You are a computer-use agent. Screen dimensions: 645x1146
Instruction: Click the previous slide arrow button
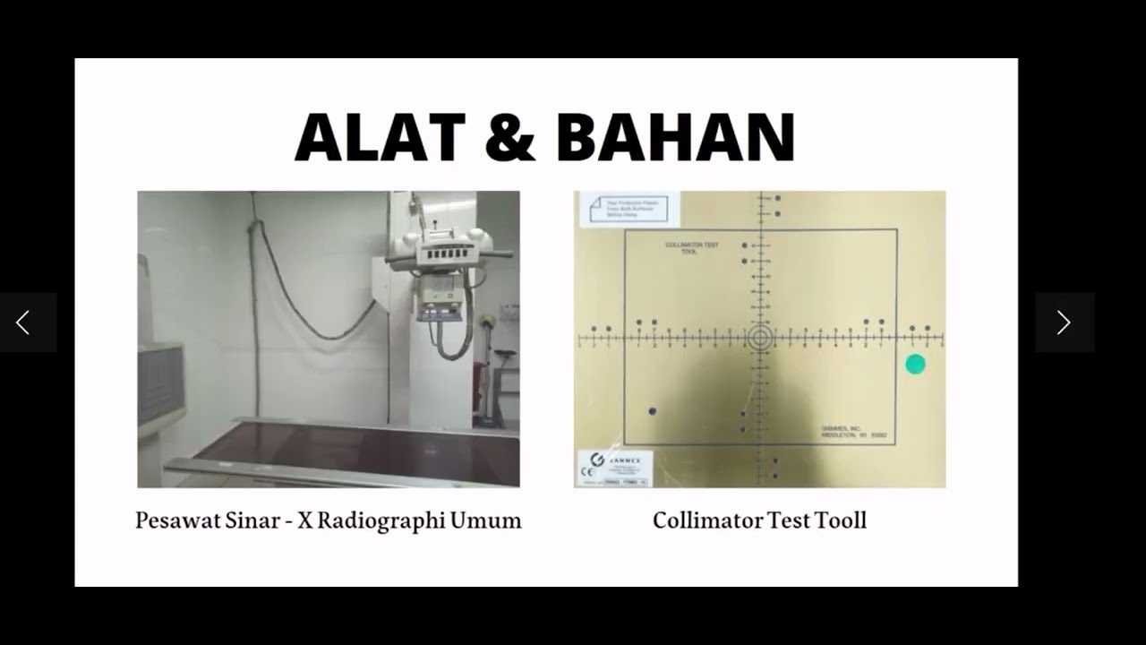[x=24, y=322]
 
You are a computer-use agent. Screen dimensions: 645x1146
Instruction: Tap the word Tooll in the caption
[x=841, y=520]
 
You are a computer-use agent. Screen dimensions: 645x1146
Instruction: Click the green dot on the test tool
[x=915, y=365]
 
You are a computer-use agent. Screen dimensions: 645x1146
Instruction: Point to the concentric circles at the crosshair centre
[x=760, y=338]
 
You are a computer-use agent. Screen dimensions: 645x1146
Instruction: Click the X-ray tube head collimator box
[x=440, y=296]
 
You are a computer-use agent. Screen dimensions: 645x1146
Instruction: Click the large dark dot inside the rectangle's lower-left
[x=652, y=411]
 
